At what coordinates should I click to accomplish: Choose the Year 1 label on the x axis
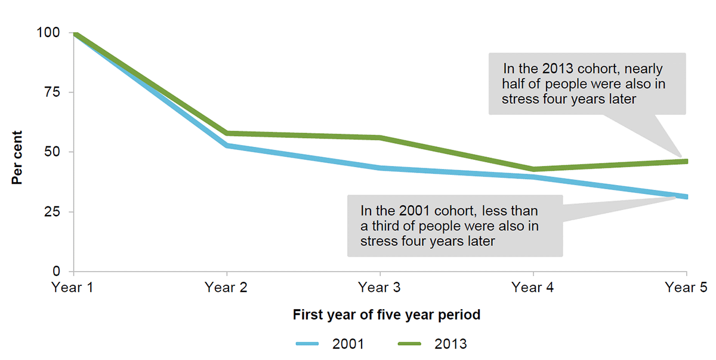(x=73, y=288)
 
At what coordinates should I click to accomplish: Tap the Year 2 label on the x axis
(x=226, y=288)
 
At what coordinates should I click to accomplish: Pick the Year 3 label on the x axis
(x=379, y=288)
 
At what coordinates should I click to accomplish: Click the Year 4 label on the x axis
(x=533, y=288)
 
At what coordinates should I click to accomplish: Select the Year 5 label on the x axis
(x=686, y=288)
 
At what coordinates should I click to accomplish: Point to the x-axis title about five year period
(x=387, y=315)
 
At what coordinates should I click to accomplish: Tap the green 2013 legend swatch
(x=409, y=344)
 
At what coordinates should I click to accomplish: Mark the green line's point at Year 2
(x=226, y=133)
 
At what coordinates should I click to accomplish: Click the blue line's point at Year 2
(x=226, y=145)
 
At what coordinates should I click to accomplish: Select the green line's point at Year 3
(x=379, y=137)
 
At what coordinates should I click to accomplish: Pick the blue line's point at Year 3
(x=379, y=168)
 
